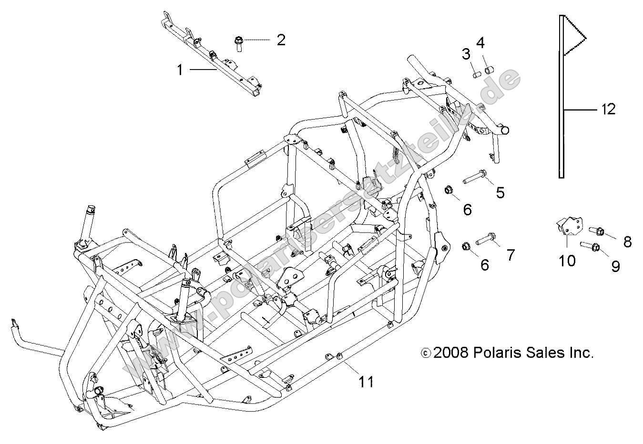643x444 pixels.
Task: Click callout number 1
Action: click(180, 71)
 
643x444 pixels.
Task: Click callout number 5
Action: click(500, 192)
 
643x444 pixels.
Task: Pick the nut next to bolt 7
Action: click(467, 247)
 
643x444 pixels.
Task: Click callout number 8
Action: click(627, 242)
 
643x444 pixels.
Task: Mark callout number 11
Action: click(366, 381)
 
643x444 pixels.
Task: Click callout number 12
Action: click(608, 110)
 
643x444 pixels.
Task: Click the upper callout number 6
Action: click(467, 209)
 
